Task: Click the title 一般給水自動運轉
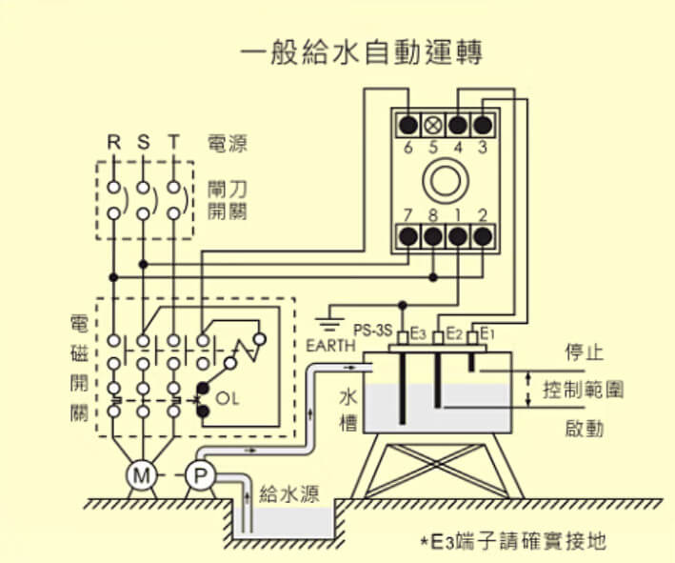(x=361, y=50)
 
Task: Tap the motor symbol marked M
(x=141, y=474)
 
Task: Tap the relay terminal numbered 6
(x=409, y=125)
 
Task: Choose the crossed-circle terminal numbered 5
(x=434, y=125)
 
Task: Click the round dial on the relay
(x=446, y=179)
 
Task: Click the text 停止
(x=585, y=352)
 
